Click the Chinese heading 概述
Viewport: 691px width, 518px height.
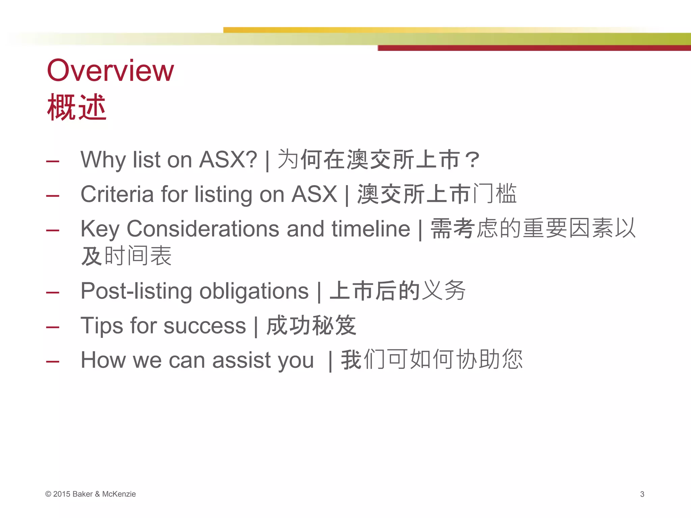pyautogui.click(x=77, y=107)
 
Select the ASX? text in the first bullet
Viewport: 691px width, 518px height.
pyautogui.click(x=228, y=160)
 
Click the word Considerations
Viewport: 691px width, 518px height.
pyautogui.click(x=203, y=229)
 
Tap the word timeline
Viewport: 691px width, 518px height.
pyautogui.click(x=370, y=229)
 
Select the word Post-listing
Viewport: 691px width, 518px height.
pyautogui.click(x=136, y=291)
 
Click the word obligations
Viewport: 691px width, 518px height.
pyautogui.click(x=254, y=291)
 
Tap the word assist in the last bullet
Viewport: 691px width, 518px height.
pyautogui.click(x=242, y=360)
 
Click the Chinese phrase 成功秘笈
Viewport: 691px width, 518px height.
pyautogui.click(x=311, y=325)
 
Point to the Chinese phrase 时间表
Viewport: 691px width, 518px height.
pyautogui.click(x=138, y=256)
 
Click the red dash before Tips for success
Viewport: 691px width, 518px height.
pyautogui.click(x=53, y=327)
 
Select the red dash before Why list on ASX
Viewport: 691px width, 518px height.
pyautogui.click(x=53, y=162)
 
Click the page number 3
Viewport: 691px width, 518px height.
pyautogui.click(x=642, y=494)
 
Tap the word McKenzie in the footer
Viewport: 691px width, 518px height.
pyautogui.click(x=119, y=494)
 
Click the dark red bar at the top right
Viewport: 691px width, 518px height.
pyautogui.click(x=533, y=48)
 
